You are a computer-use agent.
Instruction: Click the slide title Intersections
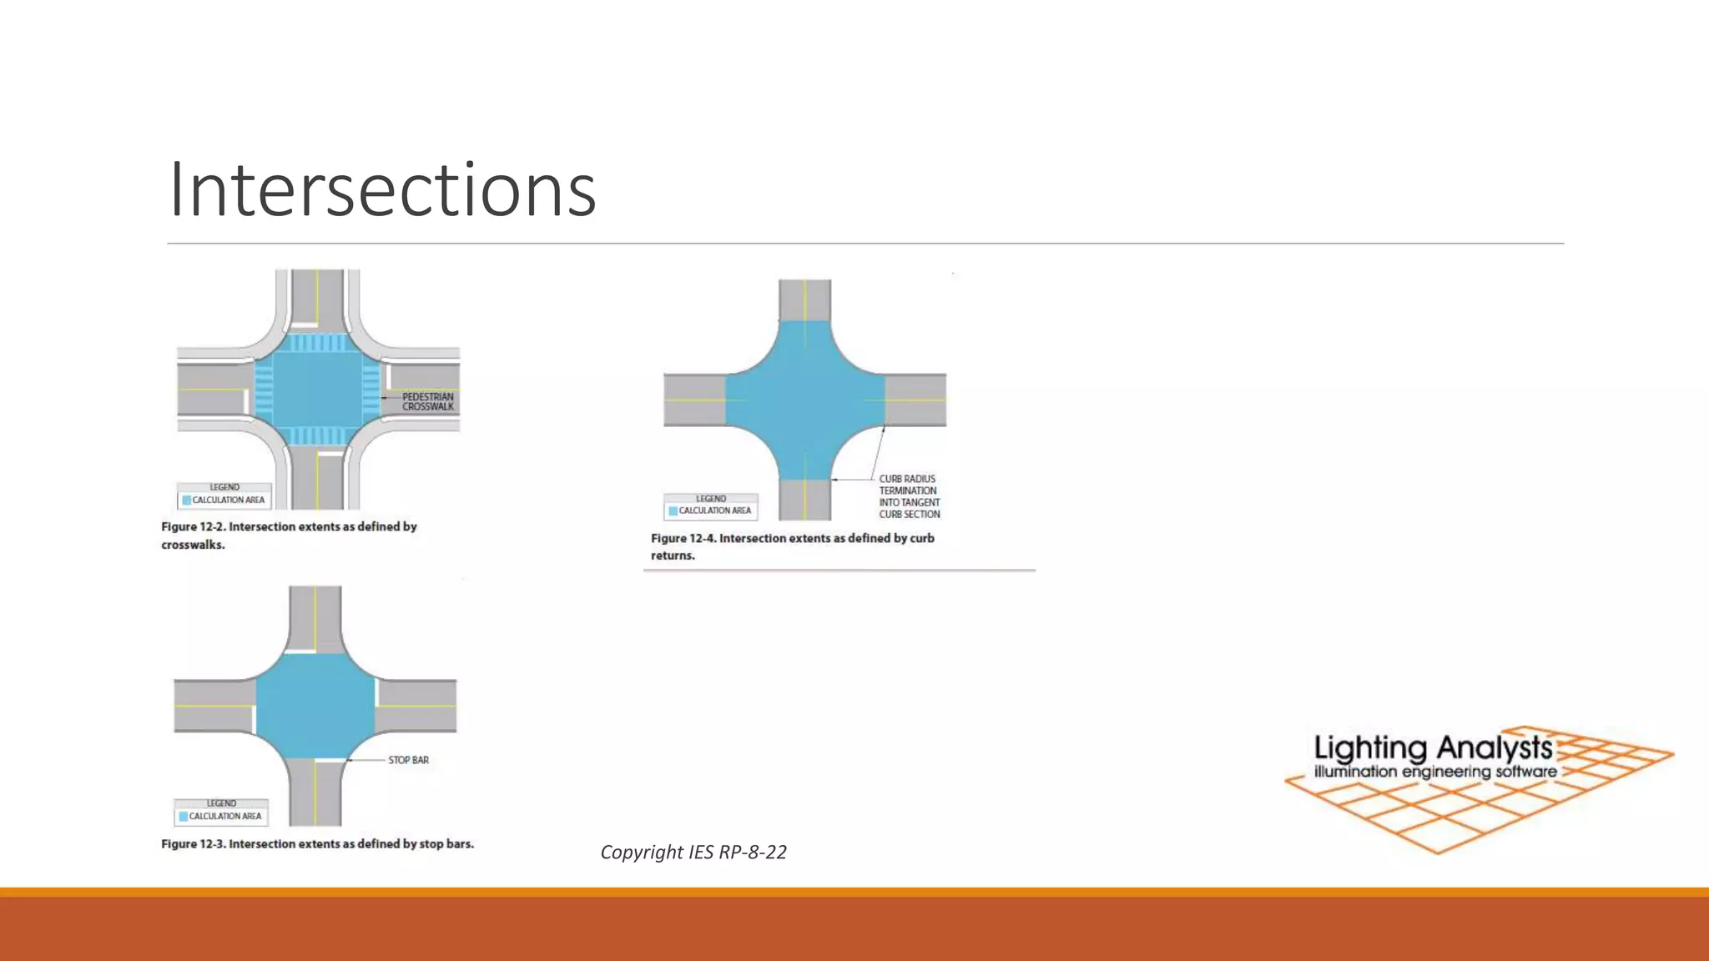(382, 190)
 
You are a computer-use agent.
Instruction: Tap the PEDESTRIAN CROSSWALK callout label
(427, 402)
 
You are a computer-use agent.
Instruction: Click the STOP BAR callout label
(408, 760)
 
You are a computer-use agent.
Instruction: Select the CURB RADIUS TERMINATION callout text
(909, 496)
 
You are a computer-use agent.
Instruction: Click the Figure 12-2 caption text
(289, 536)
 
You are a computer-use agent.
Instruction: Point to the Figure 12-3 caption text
(317, 844)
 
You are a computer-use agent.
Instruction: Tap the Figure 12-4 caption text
(792, 546)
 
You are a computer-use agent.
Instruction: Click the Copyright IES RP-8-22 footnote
(693, 852)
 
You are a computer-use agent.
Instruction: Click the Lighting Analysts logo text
(1433, 748)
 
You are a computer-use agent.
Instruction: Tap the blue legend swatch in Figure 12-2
(187, 501)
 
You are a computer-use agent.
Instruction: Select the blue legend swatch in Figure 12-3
(184, 817)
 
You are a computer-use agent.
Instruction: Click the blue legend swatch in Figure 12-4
(673, 511)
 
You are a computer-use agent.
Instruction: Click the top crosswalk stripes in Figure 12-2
(316, 343)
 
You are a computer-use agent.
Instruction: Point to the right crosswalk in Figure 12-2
(371, 390)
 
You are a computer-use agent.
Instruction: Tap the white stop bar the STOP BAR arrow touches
(330, 759)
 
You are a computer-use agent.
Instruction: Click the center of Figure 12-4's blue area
(804, 400)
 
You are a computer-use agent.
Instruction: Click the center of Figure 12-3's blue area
(315, 706)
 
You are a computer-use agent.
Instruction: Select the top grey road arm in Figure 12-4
(804, 299)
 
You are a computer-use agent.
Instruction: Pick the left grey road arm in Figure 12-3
(213, 706)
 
